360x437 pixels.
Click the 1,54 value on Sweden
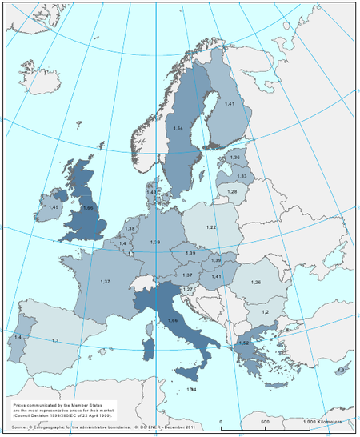coord(178,128)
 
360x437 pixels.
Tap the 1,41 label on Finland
coord(229,105)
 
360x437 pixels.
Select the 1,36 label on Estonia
coord(234,158)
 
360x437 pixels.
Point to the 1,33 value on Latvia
coord(241,175)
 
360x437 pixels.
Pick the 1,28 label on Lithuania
coord(232,192)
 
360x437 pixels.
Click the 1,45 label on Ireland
coord(54,207)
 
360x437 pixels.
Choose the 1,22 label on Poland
coord(211,228)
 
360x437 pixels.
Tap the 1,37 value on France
coord(105,282)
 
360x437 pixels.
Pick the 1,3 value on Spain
coord(54,342)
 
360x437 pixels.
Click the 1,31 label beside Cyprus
coord(342,370)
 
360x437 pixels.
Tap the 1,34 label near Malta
coord(191,389)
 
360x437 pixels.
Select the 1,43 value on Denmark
coord(151,193)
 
